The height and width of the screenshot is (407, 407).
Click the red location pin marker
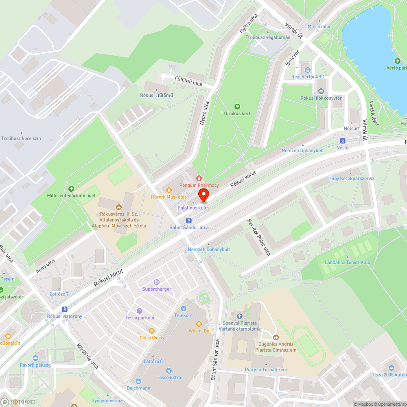pyautogui.click(x=203, y=195)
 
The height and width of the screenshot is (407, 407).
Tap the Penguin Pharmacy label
pyautogui.click(x=199, y=185)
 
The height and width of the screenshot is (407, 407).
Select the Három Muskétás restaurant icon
pyautogui.click(x=169, y=189)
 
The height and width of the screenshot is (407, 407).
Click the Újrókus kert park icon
pyautogui.click(x=237, y=107)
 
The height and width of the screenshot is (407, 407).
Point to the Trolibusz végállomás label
pyautogui.click(x=267, y=37)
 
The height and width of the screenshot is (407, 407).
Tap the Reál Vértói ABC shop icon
pyautogui.click(x=308, y=70)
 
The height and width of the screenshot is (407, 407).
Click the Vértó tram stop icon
pyautogui.click(x=342, y=141)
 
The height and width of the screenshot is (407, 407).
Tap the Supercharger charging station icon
pyautogui.click(x=157, y=282)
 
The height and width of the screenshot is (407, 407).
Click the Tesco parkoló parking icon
pyautogui.click(x=140, y=311)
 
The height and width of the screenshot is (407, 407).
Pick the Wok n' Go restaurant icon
pyautogui.click(x=199, y=324)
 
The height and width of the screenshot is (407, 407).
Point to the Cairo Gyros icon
pyautogui.click(x=152, y=331)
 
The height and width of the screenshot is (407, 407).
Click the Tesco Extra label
pyautogui.click(x=169, y=377)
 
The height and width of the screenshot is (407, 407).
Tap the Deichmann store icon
pyautogui.click(x=138, y=381)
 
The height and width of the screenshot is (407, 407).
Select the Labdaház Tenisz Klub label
pyautogui.click(x=348, y=263)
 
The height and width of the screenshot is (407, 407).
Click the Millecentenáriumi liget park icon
pyautogui.click(x=71, y=188)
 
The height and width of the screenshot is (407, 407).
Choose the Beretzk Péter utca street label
pyautogui.click(x=259, y=237)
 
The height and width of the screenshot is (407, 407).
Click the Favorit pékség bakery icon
pyautogui.click(x=35, y=358)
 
